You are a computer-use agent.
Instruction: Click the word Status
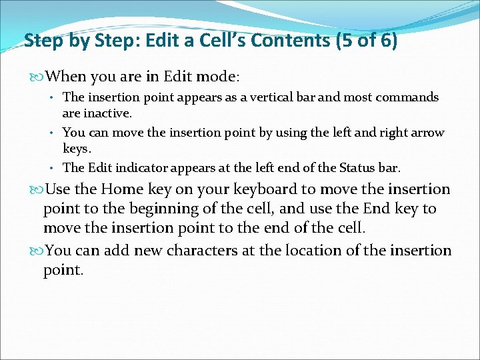pos(350,167)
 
